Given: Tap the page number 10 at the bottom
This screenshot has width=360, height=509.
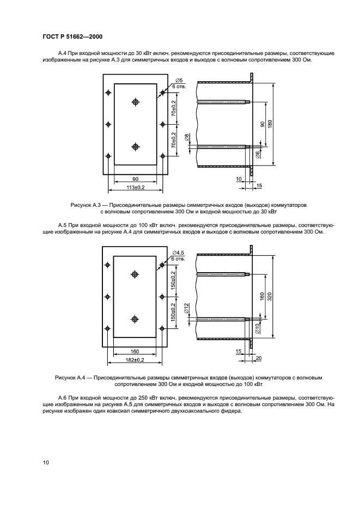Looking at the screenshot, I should pyautogui.click(x=46, y=462).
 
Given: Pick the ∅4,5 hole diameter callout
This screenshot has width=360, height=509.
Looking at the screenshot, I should pyautogui.click(x=179, y=253).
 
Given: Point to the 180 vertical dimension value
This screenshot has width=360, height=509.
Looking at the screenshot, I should pyautogui.click(x=270, y=124).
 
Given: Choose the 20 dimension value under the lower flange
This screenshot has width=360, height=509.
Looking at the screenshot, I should pyautogui.click(x=259, y=357).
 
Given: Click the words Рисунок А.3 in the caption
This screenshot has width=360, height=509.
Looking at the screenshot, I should pyautogui.click(x=83, y=205).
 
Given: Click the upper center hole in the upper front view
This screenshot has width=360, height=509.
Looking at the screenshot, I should pyautogui.click(x=136, y=102).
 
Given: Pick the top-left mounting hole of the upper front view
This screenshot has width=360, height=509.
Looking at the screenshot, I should pyautogui.click(x=109, y=93).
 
